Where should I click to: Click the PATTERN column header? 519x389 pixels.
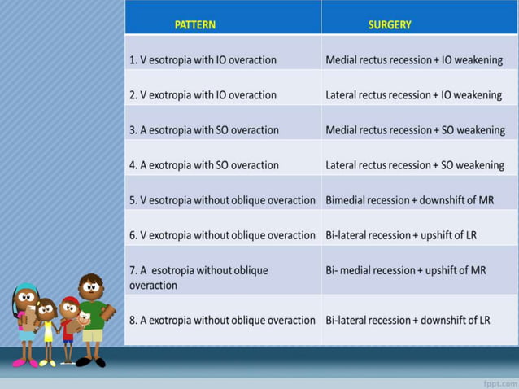pyautogui.click(x=195, y=24)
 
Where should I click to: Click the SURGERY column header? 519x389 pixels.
pyautogui.click(x=390, y=24)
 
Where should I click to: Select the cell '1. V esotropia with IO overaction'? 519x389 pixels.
pyautogui.click(x=203, y=59)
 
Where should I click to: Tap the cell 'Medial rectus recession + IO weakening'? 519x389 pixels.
pyautogui.click(x=413, y=59)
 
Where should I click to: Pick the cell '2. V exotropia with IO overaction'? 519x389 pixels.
pyautogui.click(x=203, y=94)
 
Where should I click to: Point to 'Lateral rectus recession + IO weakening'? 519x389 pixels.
pyautogui.click(x=413, y=94)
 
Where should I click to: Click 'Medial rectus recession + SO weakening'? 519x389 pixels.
pyautogui.click(x=415, y=129)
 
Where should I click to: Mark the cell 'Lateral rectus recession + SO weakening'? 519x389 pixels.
pyautogui.click(x=415, y=164)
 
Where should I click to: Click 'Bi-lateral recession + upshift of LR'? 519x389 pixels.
pyautogui.click(x=401, y=234)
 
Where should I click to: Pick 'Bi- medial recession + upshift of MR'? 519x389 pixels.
pyautogui.click(x=405, y=269)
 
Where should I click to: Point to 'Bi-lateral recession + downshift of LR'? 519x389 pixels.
pyautogui.click(x=408, y=320)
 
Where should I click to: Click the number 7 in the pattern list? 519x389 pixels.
pyautogui.click(x=133, y=269)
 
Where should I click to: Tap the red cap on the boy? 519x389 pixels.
pyautogui.click(x=70, y=301)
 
